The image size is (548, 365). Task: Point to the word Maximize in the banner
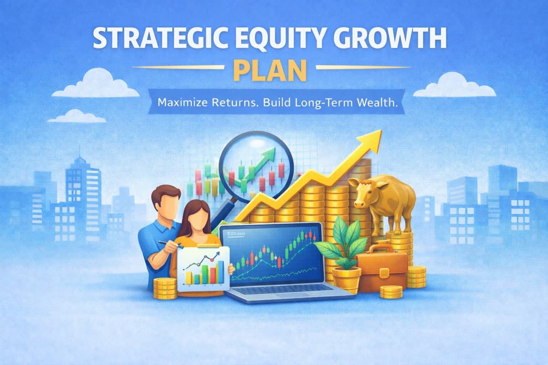(184, 103)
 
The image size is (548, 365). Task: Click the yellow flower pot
(346, 279)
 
